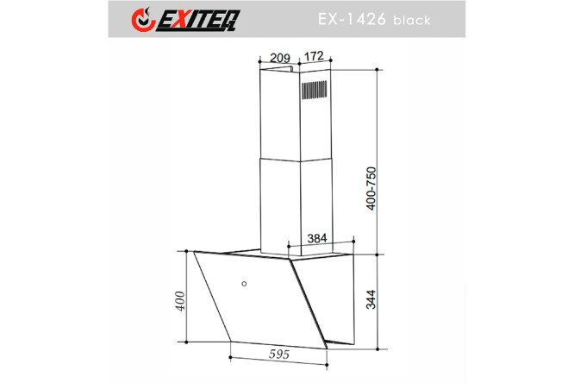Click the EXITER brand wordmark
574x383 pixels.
coord(198,21)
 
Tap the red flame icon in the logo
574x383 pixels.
coord(143,20)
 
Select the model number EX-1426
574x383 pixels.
coord(352,19)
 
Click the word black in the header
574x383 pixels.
coord(412,20)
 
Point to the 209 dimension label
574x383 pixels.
coord(280,58)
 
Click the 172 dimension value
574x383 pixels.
coord(314,56)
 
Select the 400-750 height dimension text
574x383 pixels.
coord(371,188)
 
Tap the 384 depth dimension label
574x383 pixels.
coord(317,238)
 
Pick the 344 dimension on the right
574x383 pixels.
coord(371,299)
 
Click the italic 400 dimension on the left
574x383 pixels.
coord(180,301)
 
